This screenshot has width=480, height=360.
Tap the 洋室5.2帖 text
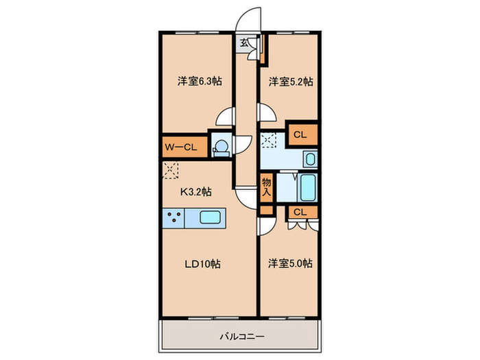click(x=290, y=82)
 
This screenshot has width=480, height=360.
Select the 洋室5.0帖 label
click(x=290, y=263)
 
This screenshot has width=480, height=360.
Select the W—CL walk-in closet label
click(x=180, y=147)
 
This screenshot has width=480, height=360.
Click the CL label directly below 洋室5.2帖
click(x=300, y=135)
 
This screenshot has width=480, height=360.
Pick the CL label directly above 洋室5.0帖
click(x=300, y=213)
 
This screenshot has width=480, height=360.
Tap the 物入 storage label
click(x=267, y=187)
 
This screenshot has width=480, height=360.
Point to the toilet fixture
click(x=221, y=147)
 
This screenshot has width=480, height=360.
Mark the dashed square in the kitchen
click(x=170, y=169)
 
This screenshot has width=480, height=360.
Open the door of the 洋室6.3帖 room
click(x=224, y=118)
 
